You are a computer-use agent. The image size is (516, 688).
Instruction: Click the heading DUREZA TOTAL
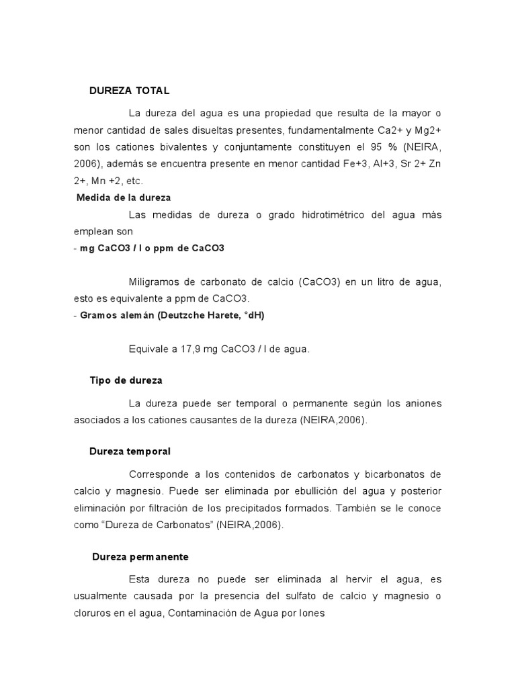point(130,90)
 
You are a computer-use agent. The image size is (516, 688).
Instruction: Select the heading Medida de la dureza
point(124,198)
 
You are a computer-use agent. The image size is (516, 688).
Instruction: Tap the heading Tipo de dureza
point(126,380)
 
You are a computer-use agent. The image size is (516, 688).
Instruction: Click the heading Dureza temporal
point(130,451)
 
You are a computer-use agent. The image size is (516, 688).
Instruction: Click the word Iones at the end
point(311,613)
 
